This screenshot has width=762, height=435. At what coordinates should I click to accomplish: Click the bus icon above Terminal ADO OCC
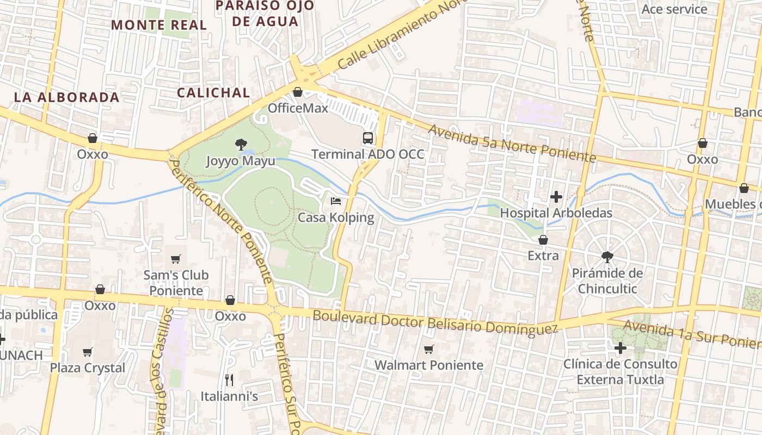click(x=368, y=138)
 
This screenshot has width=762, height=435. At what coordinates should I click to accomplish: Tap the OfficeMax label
click(x=298, y=108)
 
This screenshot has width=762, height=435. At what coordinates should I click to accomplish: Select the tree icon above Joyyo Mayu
click(x=240, y=145)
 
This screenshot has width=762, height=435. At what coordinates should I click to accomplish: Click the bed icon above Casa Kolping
click(x=336, y=201)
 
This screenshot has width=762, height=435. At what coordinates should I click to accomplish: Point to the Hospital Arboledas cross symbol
click(x=556, y=196)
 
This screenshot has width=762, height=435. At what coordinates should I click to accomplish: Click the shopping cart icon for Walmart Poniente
click(x=429, y=349)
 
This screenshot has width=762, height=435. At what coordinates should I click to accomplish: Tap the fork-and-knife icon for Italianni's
click(x=229, y=380)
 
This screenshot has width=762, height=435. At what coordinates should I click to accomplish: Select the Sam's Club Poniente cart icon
click(x=175, y=259)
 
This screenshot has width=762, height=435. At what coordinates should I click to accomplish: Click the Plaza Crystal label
click(x=88, y=368)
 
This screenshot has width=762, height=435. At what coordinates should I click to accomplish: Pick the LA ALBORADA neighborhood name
click(x=66, y=97)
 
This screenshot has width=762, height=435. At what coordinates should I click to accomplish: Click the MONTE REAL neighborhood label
click(x=159, y=25)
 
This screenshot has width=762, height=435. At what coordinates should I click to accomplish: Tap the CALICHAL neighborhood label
click(x=213, y=92)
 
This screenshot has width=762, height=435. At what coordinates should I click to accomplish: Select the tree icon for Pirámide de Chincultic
click(x=607, y=257)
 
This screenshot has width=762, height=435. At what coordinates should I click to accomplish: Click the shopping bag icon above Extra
click(x=543, y=239)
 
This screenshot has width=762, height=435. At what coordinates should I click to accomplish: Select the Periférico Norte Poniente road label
click(x=221, y=220)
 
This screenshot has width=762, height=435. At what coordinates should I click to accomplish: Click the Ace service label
click(x=674, y=9)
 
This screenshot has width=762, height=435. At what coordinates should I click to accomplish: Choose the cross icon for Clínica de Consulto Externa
click(x=620, y=347)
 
